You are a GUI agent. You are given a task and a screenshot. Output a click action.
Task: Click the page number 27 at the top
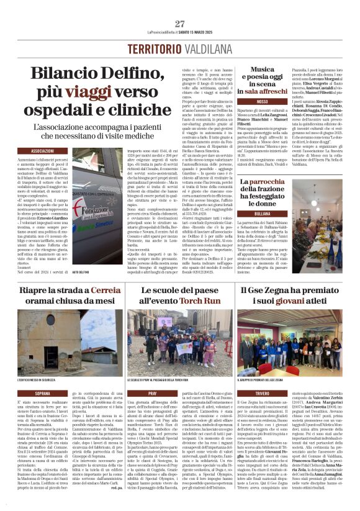(180, 24)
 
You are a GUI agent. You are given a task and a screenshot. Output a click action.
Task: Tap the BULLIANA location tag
(262, 213)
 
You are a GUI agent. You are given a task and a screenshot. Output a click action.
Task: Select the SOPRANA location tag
(42, 393)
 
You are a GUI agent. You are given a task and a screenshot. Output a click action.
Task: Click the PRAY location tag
(153, 393)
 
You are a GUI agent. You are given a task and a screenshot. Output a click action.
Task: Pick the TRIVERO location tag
(262, 393)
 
